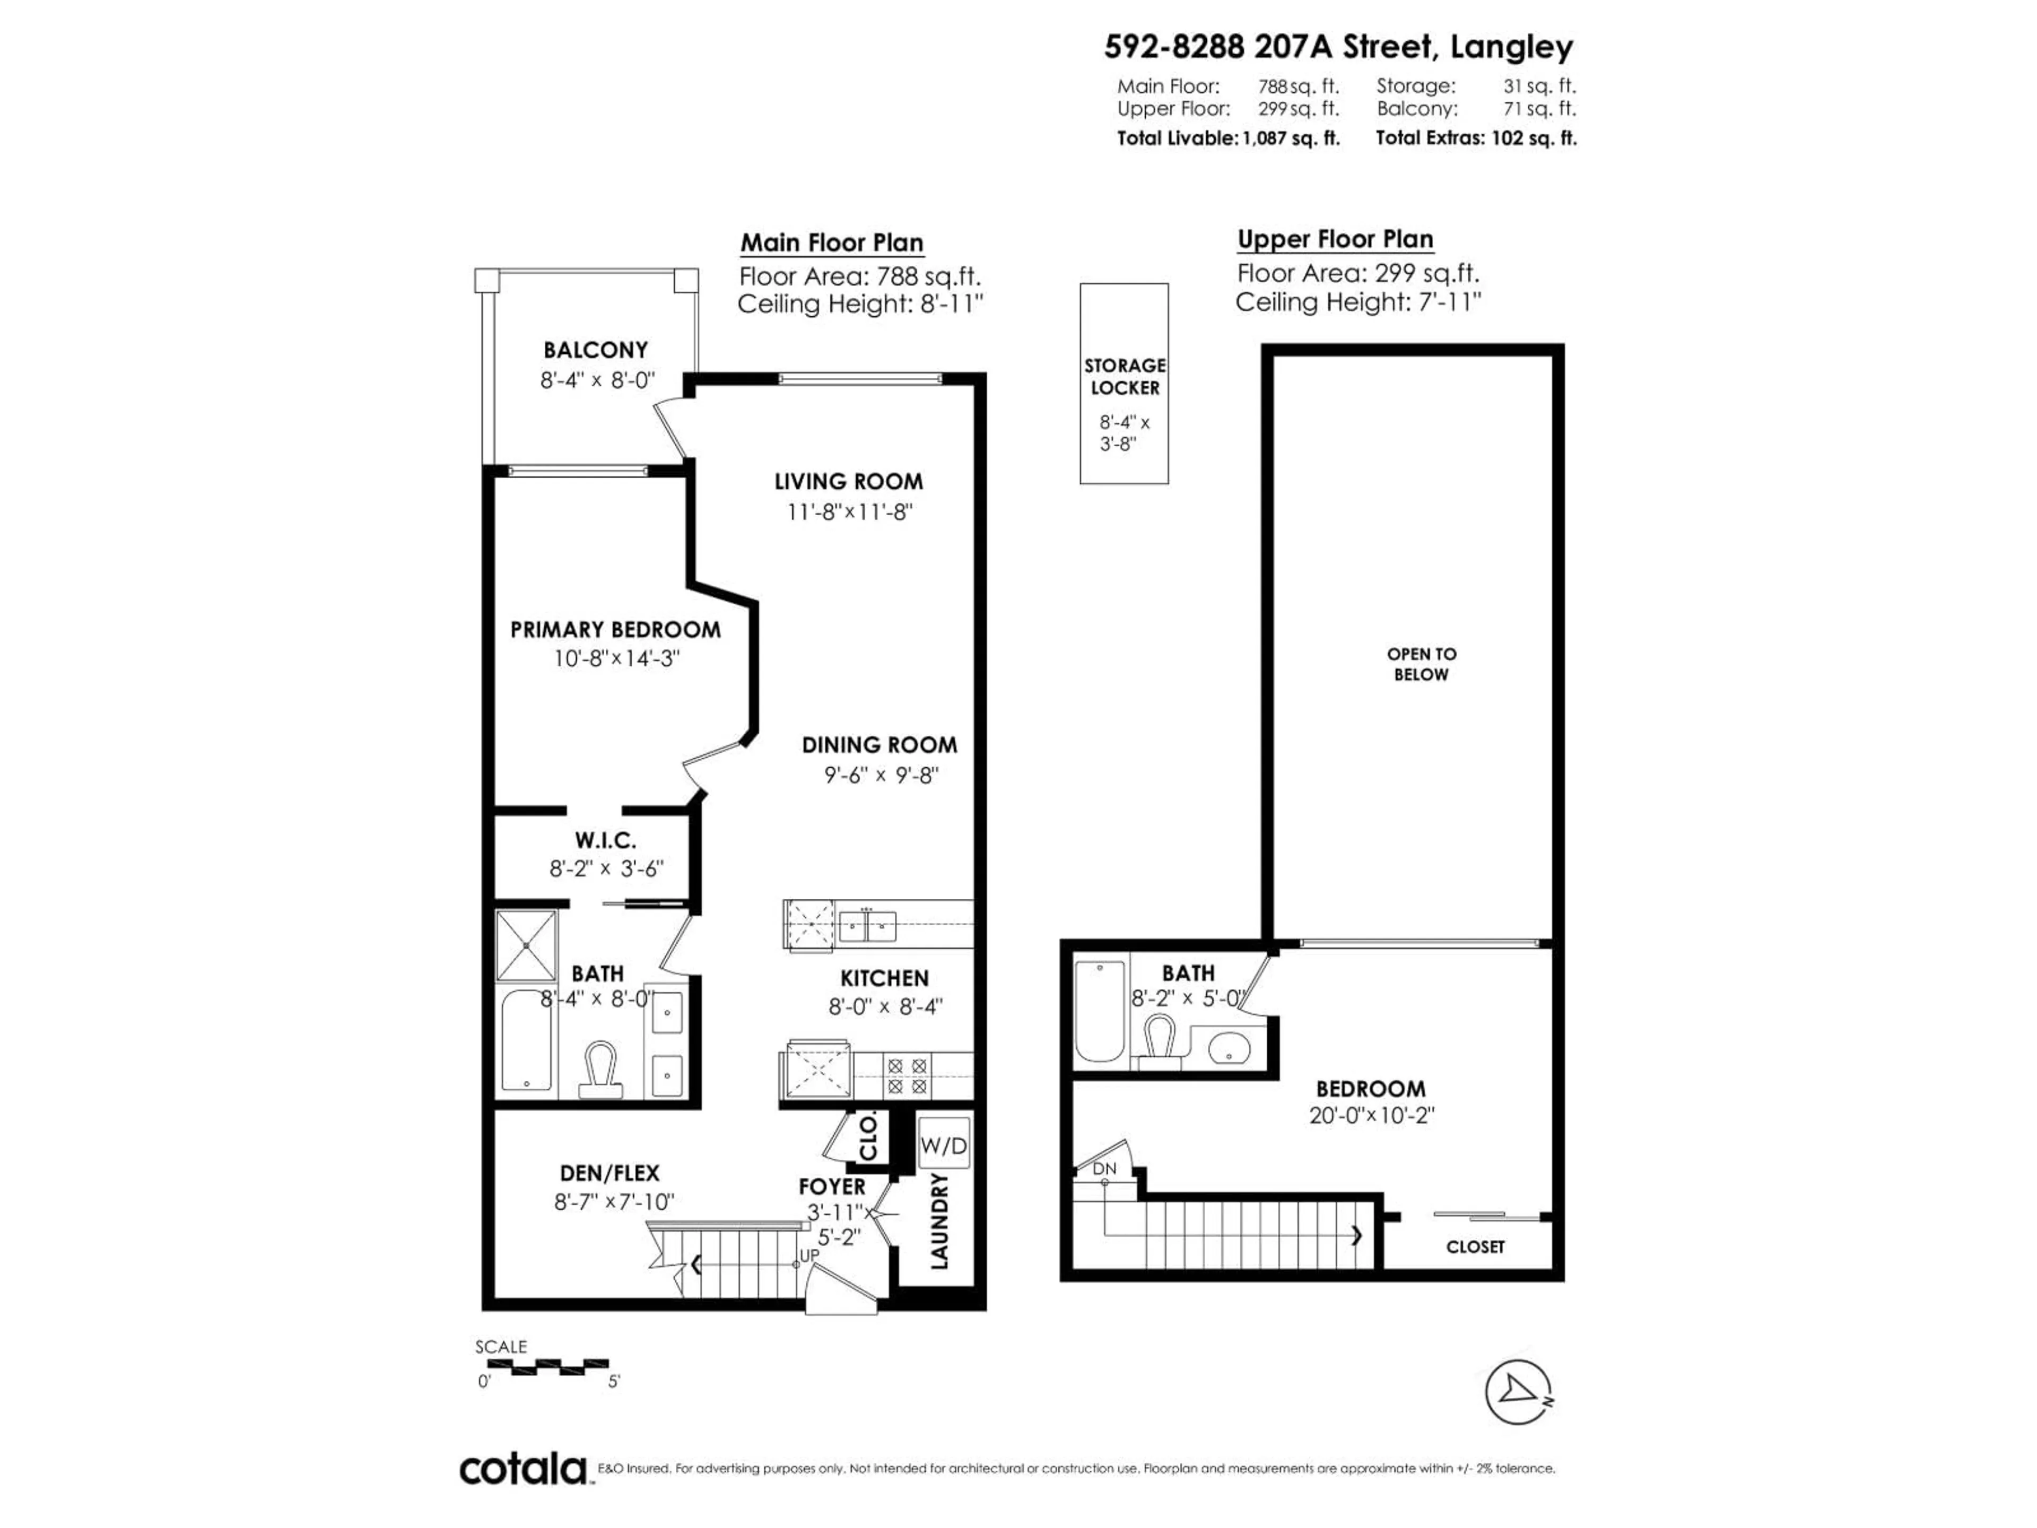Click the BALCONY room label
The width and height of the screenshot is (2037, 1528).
tap(595, 350)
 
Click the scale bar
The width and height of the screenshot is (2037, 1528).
tap(542, 1366)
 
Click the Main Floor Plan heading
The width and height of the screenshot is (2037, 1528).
tap(832, 243)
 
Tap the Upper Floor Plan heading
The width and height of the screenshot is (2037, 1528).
tap(1334, 239)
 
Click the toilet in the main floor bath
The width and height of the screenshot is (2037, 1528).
tap(599, 1069)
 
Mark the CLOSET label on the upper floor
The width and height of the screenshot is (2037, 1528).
tap(1474, 1247)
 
